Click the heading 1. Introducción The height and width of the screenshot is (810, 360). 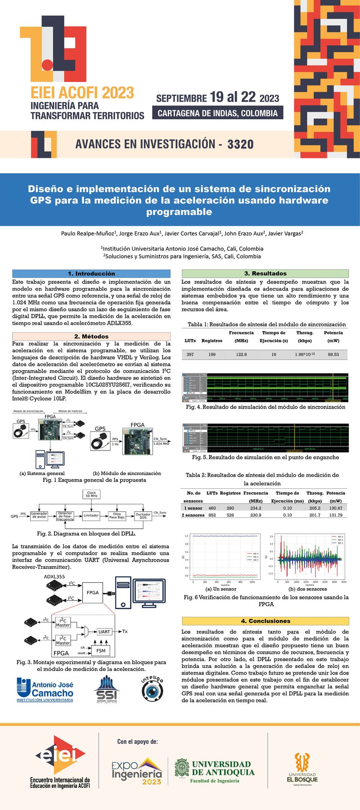click(91, 274)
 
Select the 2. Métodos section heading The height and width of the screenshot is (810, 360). click(91, 336)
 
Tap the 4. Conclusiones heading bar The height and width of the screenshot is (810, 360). click(265, 621)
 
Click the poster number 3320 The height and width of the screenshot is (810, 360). click(240, 144)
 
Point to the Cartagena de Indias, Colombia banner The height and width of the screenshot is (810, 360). click(218, 113)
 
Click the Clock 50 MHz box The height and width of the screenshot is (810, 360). click(91, 494)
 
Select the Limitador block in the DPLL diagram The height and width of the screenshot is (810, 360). click(91, 515)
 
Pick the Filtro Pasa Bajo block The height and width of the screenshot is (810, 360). click(117, 516)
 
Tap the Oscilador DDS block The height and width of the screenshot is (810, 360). click(143, 516)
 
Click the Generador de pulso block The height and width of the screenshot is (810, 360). click(39, 516)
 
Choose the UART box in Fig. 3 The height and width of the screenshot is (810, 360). click(104, 631)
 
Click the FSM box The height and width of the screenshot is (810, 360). click(101, 651)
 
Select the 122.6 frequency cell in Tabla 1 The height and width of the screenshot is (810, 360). click(241, 355)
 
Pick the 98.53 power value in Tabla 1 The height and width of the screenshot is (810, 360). click(333, 355)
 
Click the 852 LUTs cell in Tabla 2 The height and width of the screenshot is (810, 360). click(212, 515)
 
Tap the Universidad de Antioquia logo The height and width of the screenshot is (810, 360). click(215, 771)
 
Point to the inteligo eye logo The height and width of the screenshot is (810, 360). click(152, 688)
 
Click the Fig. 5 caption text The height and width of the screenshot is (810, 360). click(265, 457)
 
